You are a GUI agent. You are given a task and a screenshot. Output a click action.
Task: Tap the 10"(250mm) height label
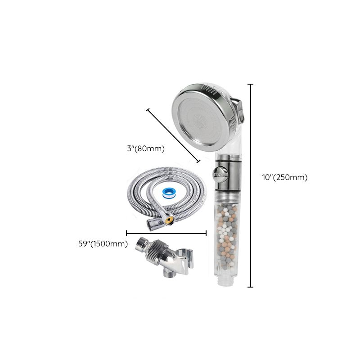click(285, 177)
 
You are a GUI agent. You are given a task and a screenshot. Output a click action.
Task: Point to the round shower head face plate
click(200, 119)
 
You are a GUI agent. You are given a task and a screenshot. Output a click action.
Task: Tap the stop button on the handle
click(219, 174)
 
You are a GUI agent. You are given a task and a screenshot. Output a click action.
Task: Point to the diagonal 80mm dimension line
click(173, 135)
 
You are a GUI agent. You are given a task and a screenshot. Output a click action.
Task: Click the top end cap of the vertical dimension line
click(251, 84)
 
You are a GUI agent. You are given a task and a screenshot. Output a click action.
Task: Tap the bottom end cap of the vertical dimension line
click(251, 287)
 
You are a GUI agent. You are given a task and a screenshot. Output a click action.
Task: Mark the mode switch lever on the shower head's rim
click(241, 111)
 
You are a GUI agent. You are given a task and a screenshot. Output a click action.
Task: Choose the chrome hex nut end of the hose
click(152, 224)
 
